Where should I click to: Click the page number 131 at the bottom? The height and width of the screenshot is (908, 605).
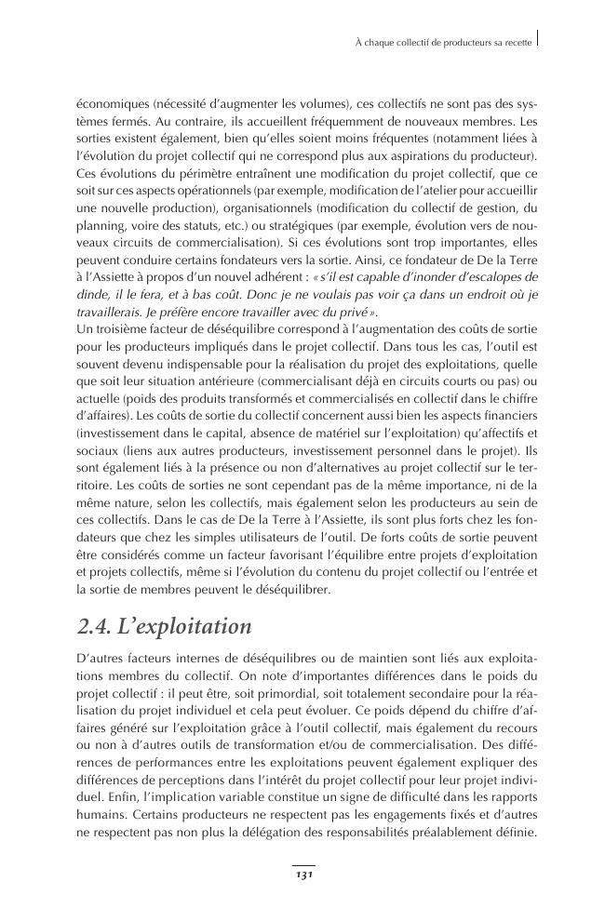pos(302,875)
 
